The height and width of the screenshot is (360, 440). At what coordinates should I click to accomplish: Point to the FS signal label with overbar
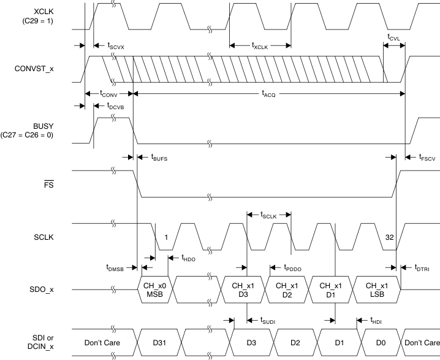(49, 182)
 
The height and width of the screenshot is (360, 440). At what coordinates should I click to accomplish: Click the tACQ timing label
(268, 93)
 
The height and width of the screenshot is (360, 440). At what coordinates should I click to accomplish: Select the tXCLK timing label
(261, 45)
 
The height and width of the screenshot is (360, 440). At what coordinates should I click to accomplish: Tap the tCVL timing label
(395, 36)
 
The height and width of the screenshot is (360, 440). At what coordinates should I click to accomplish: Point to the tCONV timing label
(108, 93)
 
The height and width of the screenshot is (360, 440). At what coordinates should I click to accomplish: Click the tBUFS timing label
(159, 157)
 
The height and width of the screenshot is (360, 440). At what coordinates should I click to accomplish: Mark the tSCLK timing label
(268, 215)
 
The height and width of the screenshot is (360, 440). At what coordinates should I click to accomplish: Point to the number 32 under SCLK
(389, 237)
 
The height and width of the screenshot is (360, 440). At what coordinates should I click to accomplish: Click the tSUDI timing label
(267, 320)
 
